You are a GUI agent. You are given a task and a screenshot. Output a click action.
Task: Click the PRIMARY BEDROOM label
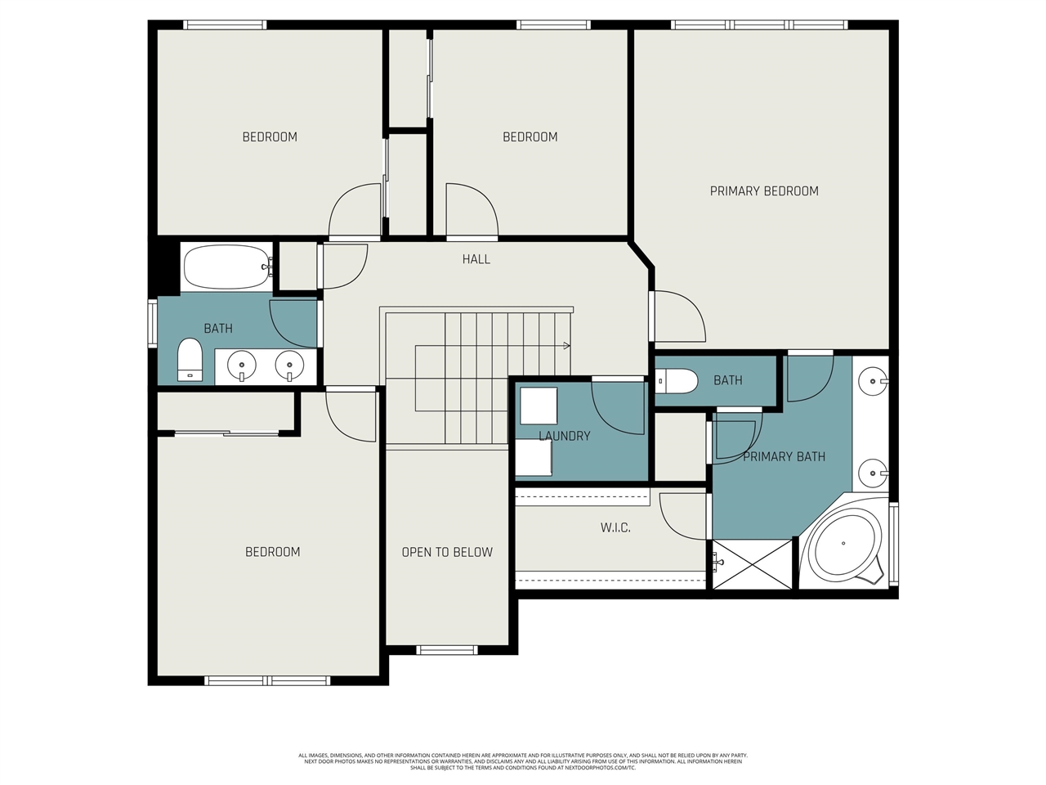click(763, 191)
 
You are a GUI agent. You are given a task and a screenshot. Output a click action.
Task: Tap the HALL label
click(476, 259)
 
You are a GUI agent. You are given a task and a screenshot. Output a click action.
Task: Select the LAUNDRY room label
click(564, 436)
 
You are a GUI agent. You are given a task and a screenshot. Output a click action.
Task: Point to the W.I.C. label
click(615, 528)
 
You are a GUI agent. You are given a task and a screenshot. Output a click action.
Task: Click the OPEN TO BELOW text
click(447, 553)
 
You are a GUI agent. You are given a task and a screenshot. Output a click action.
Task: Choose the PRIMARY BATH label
click(783, 457)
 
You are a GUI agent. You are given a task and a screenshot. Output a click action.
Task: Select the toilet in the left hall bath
click(190, 360)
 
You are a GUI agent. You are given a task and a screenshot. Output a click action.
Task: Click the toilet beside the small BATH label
click(677, 380)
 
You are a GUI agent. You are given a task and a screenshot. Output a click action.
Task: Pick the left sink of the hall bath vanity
click(242, 365)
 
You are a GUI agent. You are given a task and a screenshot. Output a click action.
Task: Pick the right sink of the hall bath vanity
click(289, 365)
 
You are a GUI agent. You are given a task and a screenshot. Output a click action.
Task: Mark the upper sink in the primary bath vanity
click(874, 381)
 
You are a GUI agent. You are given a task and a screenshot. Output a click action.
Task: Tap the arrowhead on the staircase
click(565, 346)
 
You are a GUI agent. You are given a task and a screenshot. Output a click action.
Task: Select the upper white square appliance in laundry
click(539, 406)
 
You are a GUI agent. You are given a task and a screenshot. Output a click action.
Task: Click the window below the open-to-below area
click(447, 650)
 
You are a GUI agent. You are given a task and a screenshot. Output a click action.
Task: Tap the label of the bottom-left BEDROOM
click(272, 553)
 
